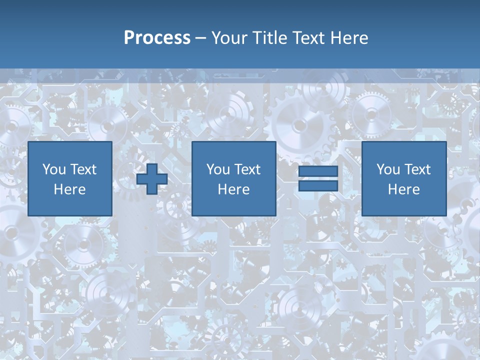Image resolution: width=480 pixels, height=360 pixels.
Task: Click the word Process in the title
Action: coord(157,38)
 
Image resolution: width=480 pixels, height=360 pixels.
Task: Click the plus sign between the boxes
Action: coord(152,179)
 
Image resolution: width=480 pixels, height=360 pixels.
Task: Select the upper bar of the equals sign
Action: coord(318,171)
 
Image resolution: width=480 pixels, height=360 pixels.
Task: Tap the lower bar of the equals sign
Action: coord(318,186)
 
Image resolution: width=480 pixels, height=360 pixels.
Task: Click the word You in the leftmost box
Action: coord(54,169)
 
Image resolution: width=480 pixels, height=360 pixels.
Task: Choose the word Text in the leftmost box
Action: coord(83,169)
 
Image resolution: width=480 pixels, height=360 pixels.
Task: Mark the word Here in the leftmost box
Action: coord(69,189)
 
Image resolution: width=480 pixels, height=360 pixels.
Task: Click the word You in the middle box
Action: coord(218,169)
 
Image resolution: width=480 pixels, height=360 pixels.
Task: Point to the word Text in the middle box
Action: coord(247,169)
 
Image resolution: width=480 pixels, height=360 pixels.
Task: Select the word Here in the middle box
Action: coord(233,189)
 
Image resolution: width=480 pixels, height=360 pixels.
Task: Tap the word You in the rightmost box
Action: coord(388,169)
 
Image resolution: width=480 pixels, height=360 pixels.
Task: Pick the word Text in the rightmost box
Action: coord(417,169)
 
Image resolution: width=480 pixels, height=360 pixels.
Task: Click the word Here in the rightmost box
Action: coord(403,189)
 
